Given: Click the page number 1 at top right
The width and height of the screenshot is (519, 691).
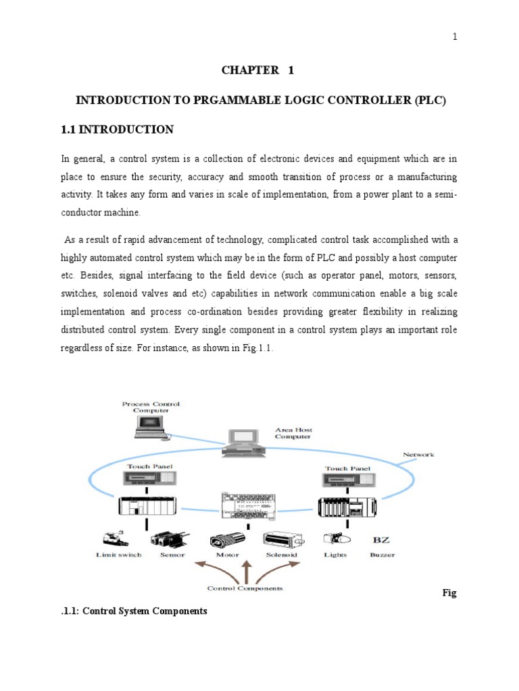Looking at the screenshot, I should pyautogui.click(x=455, y=36).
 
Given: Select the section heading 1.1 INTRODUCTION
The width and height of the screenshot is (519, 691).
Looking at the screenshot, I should pyautogui.click(x=118, y=130).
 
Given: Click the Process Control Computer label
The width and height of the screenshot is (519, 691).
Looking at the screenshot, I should pyautogui.click(x=151, y=407).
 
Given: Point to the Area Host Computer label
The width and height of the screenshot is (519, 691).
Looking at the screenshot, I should pyautogui.click(x=293, y=433).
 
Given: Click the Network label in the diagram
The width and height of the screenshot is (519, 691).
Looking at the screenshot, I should pyautogui.click(x=418, y=455).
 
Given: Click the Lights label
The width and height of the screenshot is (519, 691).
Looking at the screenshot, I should pyautogui.click(x=336, y=555).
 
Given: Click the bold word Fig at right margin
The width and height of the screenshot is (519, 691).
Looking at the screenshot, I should pyautogui.click(x=449, y=593).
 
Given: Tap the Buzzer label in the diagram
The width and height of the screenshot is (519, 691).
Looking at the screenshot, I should pyautogui.click(x=382, y=555).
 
